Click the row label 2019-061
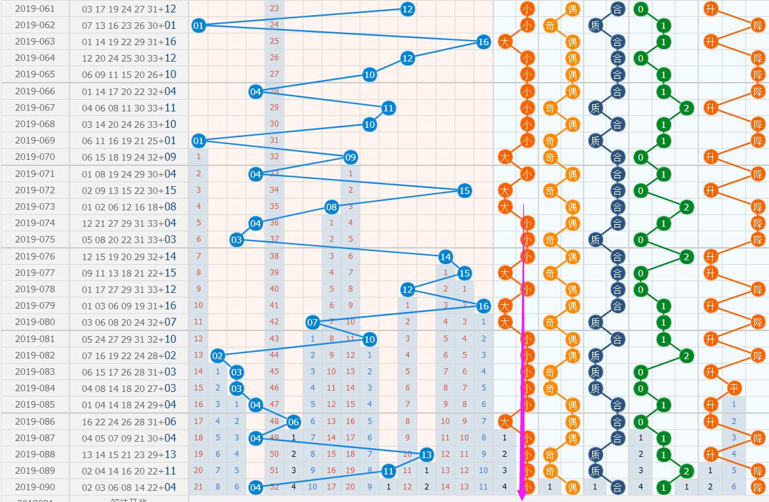pyautogui.click(x=35, y=9)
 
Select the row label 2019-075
pyautogui.click(x=35, y=240)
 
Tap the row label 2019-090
pyautogui.click(x=35, y=487)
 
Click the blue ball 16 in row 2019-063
pyautogui.click(x=483, y=42)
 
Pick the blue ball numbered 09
pyautogui.click(x=350, y=157)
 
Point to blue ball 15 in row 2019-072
pyautogui.click(x=464, y=191)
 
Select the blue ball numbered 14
pyautogui.click(x=445, y=257)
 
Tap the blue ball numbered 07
pyautogui.click(x=312, y=322)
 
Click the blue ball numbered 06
pyautogui.click(x=293, y=422)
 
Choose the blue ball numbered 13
pyautogui.click(x=426, y=455)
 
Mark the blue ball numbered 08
pyautogui.click(x=331, y=207)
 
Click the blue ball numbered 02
pyautogui.click(x=217, y=356)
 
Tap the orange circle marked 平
pyautogui.click(x=734, y=389)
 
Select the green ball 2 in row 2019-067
pyautogui.click(x=686, y=107)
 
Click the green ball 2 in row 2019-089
pyautogui.click(x=686, y=471)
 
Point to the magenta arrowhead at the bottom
pyautogui.click(x=523, y=496)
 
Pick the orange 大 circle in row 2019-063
pyautogui.click(x=504, y=42)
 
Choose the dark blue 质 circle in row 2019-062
pyautogui.click(x=595, y=26)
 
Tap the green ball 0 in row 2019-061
pyautogui.click(x=641, y=9)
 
